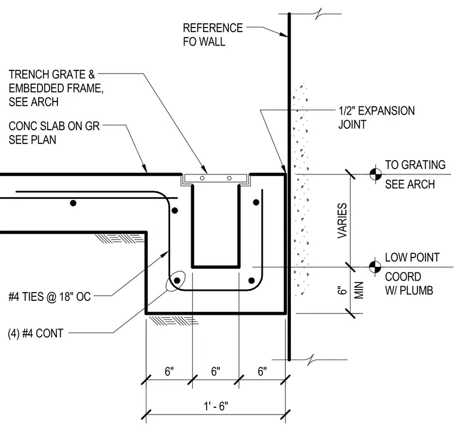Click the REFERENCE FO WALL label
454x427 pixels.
(x=213, y=35)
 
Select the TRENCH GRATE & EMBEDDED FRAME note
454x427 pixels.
(x=56, y=88)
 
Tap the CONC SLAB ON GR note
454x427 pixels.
(x=54, y=133)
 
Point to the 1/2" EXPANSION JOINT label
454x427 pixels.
(x=376, y=118)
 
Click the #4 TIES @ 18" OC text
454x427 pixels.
(x=50, y=297)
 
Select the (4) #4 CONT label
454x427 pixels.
(x=36, y=333)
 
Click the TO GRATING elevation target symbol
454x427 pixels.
(x=376, y=174)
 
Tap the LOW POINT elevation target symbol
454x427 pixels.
(x=375, y=267)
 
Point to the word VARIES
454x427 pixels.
(x=342, y=220)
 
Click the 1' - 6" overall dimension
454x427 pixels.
(x=216, y=406)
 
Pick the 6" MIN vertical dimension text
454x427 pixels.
(x=350, y=290)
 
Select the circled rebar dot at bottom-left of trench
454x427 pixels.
(x=177, y=280)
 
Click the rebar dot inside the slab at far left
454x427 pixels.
(x=73, y=203)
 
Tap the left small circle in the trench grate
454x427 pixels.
(x=202, y=178)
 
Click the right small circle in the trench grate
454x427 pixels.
(x=229, y=178)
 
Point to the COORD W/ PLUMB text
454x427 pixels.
(x=409, y=284)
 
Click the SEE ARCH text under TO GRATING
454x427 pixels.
(x=410, y=184)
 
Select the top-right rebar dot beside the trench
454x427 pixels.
(x=256, y=202)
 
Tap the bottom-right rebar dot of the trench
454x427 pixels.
(x=251, y=281)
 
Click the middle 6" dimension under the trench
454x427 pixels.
(x=216, y=371)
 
